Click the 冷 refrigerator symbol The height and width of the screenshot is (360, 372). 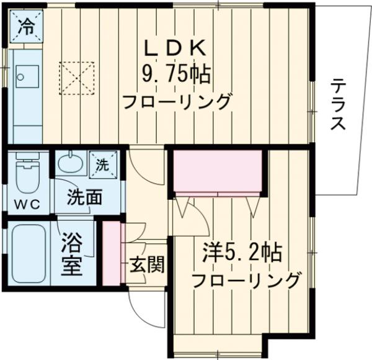coord(26,27)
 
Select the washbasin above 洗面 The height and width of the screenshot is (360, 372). coord(69,164)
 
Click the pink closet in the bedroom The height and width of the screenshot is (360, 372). coord(218,171)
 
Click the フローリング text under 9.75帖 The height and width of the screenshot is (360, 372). coord(177,101)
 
